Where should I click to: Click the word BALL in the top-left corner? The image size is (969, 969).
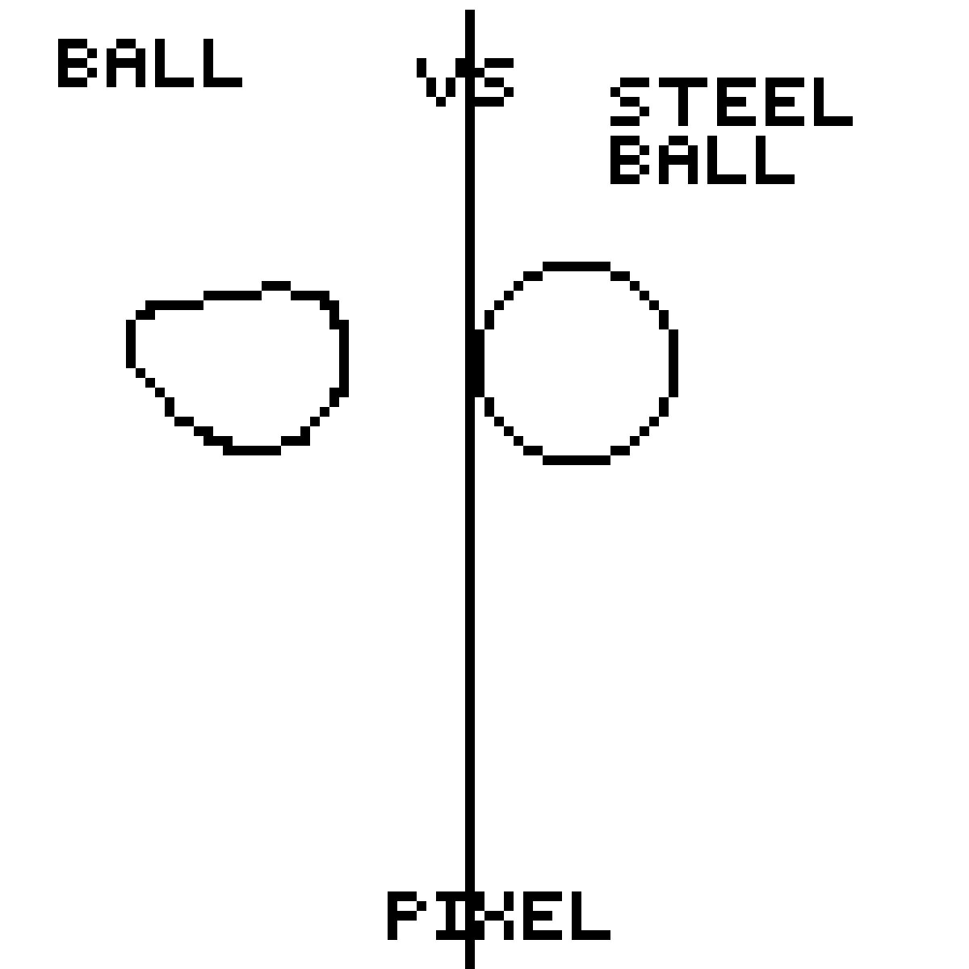[x=150, y=63]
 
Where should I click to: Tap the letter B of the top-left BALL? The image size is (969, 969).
[x=78, y=63]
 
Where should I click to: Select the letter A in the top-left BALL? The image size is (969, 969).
[x=126, y=63]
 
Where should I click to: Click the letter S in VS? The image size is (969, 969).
[x=494, y=82]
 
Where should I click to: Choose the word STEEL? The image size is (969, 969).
[x=732, y=102]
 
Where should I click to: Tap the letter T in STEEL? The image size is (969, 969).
[x=683, y=102]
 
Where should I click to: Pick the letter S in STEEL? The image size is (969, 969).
[x=630, y=102]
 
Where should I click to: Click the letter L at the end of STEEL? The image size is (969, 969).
[x=833, y=102]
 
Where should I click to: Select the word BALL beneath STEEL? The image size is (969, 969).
[x=703, y=160]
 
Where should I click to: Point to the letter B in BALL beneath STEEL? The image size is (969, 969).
[x=630, y=160]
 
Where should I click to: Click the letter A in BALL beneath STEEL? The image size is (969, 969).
[x=677, y=160]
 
